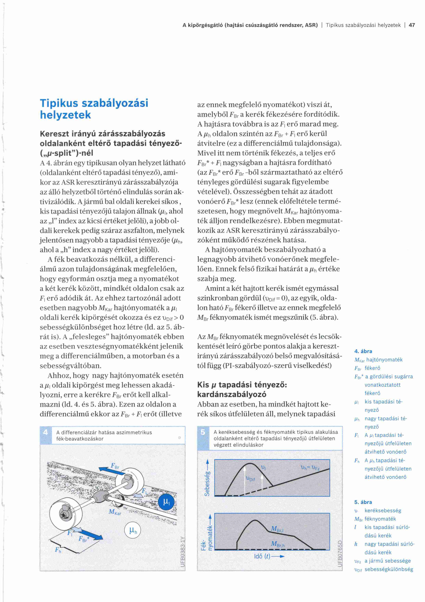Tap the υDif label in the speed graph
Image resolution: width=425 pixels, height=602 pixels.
pyautogui.click(x=250, y=479)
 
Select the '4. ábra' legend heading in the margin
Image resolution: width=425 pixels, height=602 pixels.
pyautogui.click(x=363, y=351)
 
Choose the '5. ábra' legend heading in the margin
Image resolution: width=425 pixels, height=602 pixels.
pyautogui.click(x=363, y=502)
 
